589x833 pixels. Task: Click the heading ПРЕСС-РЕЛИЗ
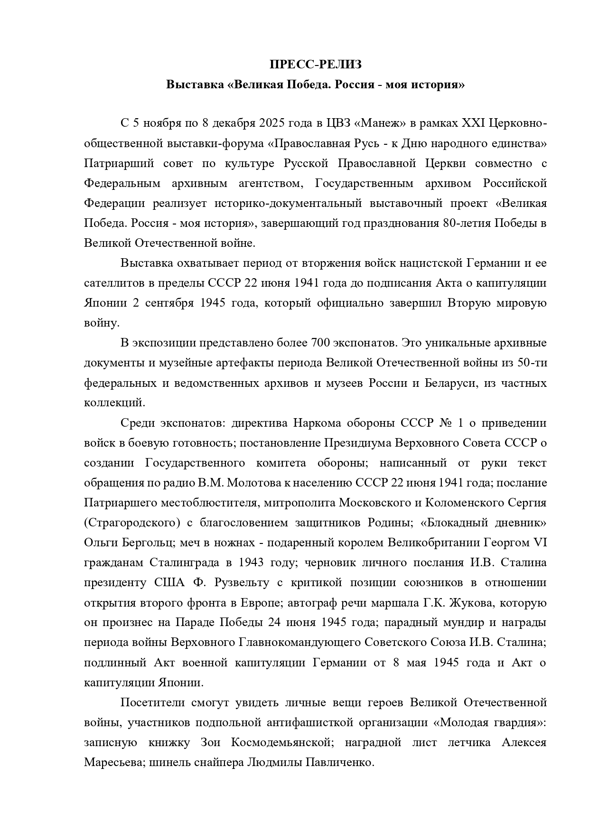[316, 65]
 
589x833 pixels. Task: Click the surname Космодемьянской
[280, 742]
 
